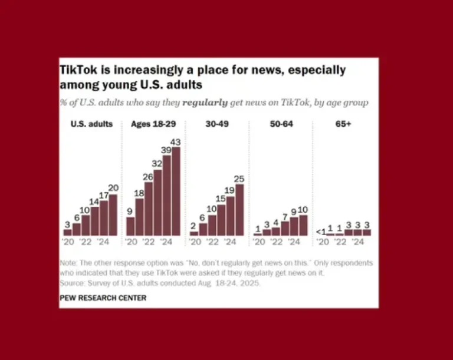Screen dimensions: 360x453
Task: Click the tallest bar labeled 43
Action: pos(176,191)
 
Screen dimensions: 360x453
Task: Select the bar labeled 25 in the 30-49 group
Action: pos(239,210)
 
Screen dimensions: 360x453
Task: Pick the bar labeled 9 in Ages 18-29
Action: pos(130,226)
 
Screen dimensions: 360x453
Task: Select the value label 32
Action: pos(157,164)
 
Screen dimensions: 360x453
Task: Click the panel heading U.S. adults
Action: pos(91,124)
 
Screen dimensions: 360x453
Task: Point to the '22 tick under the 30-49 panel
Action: pos(212,242)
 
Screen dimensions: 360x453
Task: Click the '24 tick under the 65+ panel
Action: pos(358,242)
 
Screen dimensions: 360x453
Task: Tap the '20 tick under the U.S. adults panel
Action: pos(67,242)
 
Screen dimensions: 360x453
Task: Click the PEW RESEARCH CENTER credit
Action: pos(103,298)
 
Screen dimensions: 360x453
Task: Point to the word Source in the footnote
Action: pos(72,283)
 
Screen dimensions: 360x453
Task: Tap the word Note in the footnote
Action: pos(68,263)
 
